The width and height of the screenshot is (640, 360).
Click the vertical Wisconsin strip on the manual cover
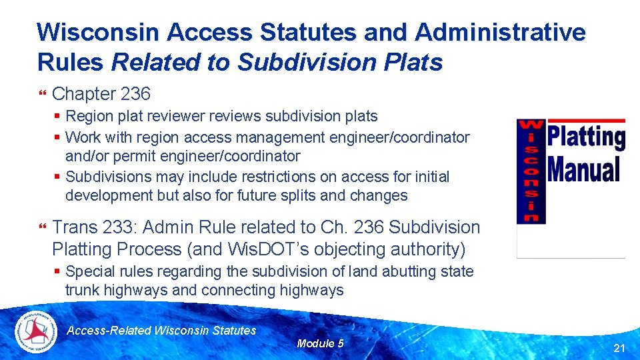(x=532, y=171)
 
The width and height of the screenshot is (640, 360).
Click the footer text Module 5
(x=320, y=343)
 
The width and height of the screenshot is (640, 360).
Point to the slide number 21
(x=619, y=348)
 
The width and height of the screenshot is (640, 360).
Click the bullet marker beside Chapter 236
(x=44, y=95)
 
